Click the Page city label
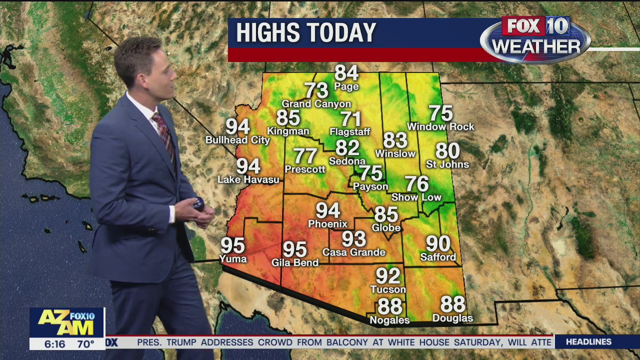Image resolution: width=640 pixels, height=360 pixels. (x=346, y=86)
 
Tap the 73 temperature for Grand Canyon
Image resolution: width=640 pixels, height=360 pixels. (x=316, y=90)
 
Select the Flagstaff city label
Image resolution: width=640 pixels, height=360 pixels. (x=350, y=132)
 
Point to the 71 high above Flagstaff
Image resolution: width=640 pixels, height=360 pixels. (x=351, y=119)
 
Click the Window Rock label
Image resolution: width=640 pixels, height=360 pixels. (x=440, y=127)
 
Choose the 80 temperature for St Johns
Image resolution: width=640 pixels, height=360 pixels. (x=447, y=150)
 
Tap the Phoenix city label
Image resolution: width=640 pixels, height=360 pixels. (x=327, y=223)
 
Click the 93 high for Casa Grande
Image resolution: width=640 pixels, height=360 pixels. (x=354, y=239)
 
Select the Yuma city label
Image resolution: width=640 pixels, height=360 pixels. (x=233, y=258)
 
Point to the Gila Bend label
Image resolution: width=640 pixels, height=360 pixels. (x=295, y=262)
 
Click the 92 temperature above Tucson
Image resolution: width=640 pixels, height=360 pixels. (x=388, y=276)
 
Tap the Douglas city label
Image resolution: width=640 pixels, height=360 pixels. (x=452, y=318)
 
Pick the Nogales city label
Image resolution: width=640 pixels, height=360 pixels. (x=389, y=320)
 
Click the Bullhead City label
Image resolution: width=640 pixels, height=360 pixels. (x=237, y=140)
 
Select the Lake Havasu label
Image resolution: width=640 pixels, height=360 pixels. (x=248, y=179)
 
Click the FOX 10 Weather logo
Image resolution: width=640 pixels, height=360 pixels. (x=535, y=39)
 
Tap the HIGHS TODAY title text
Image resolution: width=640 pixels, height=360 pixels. (x=306, y=33)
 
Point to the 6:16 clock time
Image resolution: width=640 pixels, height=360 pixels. (x=55, y=344)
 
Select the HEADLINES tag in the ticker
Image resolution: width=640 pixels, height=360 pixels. (x=588, y=342)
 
